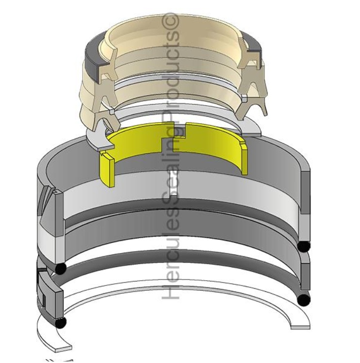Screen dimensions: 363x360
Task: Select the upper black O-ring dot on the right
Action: click(304, 246)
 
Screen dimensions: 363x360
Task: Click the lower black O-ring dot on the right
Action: click(303, 300)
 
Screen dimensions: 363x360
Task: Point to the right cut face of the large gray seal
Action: click(305, 194)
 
